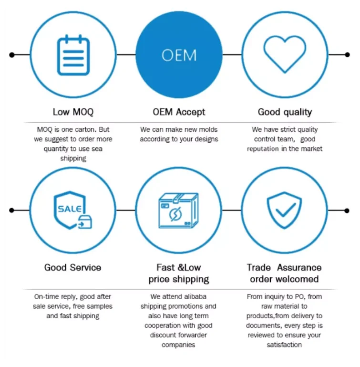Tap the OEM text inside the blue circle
pyautogui.click(x=179, y=55)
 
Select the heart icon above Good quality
pyautogui.click(x=285, y=54)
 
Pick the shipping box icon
pyautogui.click(x=178, y=210)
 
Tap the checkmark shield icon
pyautogui.click(x=285, y=210)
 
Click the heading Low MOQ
pyautogui.click(x=73, y=112)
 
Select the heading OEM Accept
pyautogui.click(x=179, y=112)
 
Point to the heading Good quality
pyautogui.click(x=285, y=112)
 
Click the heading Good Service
pyautogui.click(x=72, y=267)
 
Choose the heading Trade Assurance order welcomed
pyautogui.click(x=285, y=273)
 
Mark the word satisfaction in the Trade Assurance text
pyautogui.click(x=284, y=345)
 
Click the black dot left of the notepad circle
pyautogui.click(x=12, y=55)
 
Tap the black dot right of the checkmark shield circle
pyautogui.click(x=347, y=210)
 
